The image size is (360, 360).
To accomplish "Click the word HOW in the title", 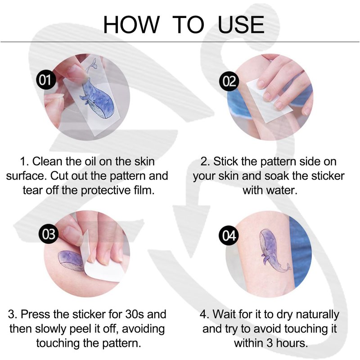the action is pos(131,25).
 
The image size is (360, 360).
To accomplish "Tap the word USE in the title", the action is pos(241,25).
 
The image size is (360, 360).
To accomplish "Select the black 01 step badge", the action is pos(46,80).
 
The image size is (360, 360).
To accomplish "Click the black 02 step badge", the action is pos(229,81).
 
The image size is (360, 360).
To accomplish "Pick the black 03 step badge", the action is pos(49,234).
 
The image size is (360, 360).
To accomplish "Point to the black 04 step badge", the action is pos(229,235).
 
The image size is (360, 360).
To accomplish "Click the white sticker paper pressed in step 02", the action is pos(269,101).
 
